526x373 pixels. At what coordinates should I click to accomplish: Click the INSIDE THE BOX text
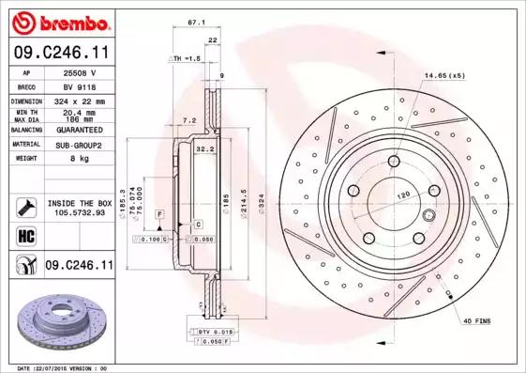click(79, 203)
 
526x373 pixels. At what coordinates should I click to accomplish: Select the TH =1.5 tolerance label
click(186, 58)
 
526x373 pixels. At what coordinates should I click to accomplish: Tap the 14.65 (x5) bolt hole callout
click(444, 75)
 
